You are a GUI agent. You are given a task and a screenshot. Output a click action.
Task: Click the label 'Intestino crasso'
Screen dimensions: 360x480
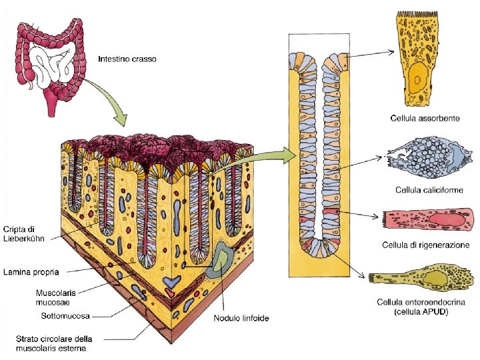click(x=127, y=59)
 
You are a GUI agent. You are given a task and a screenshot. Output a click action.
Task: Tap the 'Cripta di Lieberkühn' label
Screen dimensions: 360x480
click(x=25, y=233)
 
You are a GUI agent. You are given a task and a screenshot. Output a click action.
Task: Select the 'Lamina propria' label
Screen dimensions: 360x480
click(x=31, y=272)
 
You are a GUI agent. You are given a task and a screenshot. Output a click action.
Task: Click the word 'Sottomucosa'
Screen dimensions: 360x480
click(x=65, y=315)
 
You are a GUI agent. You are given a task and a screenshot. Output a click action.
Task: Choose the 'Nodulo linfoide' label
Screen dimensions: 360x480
click(x=241, y=318)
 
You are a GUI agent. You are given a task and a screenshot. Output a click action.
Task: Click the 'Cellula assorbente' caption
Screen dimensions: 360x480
click(x=424, y=118)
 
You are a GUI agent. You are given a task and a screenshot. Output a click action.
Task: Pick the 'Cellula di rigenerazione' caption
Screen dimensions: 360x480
click(x=425, y=245)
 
